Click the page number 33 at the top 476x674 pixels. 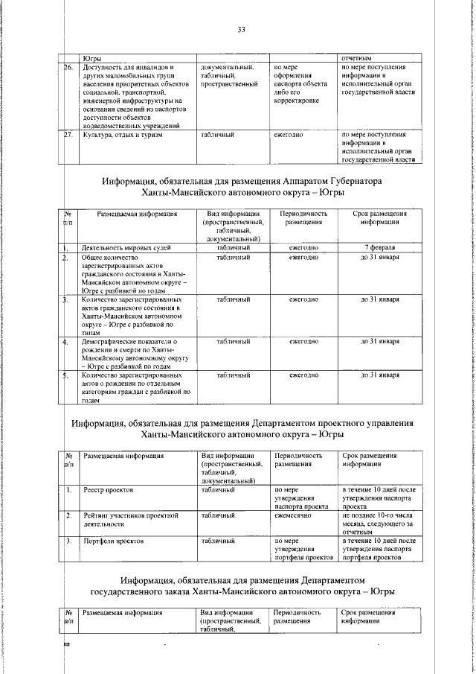(x=241, y=29)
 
